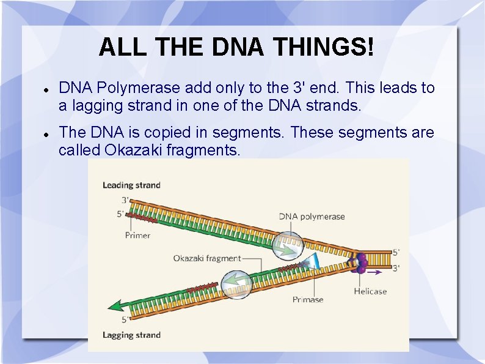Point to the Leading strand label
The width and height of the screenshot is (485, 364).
(131, 185)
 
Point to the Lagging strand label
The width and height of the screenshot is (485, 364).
(131, 335)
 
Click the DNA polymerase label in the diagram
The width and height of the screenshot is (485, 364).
(312, 216)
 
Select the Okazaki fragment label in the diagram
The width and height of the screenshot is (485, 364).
(206, 258)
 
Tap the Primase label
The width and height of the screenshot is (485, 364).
(308, 299)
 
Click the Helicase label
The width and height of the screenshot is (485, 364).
(370, 291)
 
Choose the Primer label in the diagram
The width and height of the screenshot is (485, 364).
(137, 235)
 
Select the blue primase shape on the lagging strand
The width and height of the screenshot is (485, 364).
(314, 261)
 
